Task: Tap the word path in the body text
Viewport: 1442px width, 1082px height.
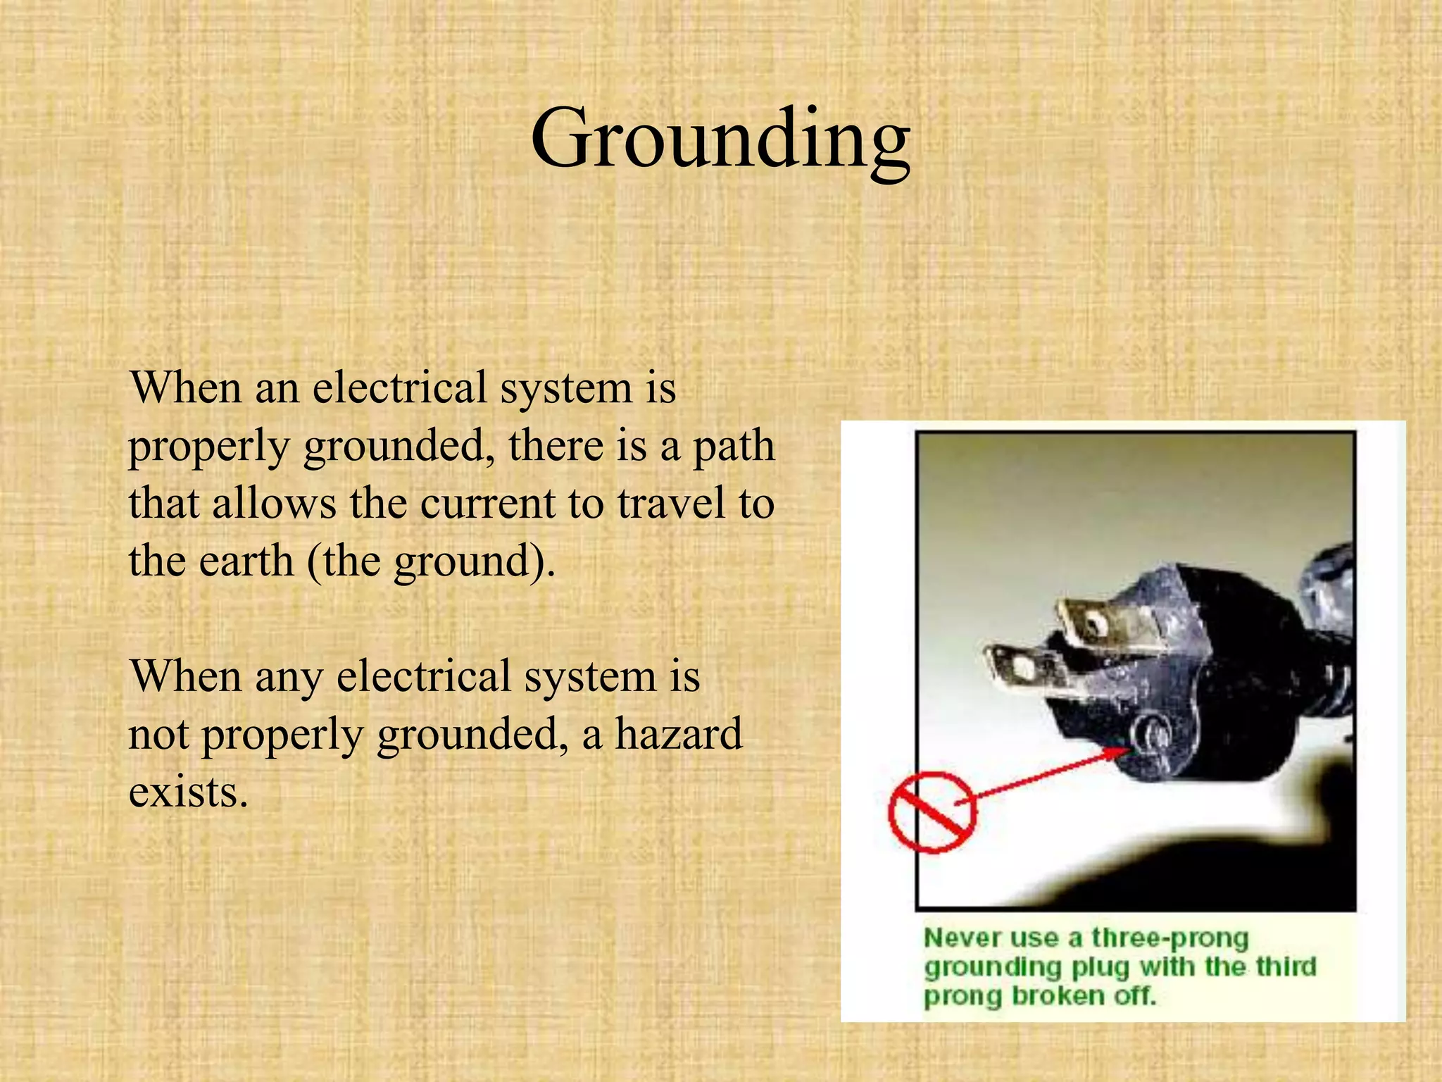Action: click(734, 446)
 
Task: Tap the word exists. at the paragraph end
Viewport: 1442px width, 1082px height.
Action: click(188, 792)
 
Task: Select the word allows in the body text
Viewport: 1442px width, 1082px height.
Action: click(274, 504)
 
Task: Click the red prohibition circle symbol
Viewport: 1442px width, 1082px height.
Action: click(932, 812)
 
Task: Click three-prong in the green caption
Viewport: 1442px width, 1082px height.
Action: click(1170, 938)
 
